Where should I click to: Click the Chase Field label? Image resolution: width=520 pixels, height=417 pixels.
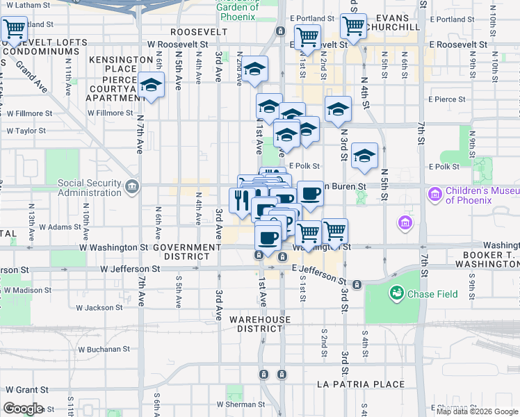432,294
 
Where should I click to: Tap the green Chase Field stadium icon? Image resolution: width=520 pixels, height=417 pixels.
397,294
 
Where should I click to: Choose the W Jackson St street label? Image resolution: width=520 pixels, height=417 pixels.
99,307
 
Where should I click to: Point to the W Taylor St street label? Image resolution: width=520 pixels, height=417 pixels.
26,130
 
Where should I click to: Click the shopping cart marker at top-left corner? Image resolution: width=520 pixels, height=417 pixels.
14,30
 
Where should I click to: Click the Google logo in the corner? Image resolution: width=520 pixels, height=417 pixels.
23,409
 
